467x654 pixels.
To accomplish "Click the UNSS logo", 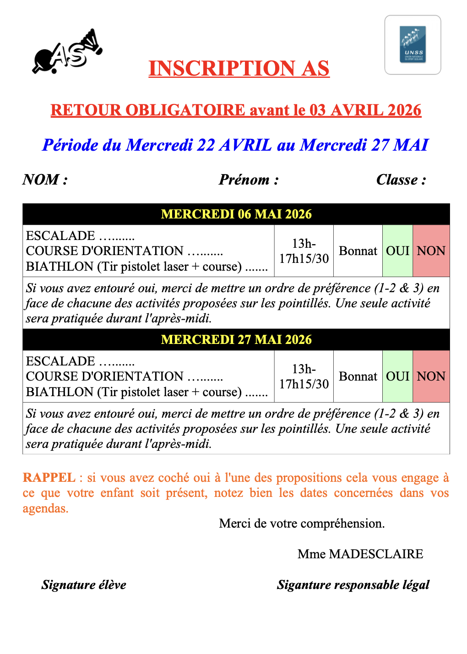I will (x=413, y=45).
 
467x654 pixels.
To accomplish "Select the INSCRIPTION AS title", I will (x=239, y=69).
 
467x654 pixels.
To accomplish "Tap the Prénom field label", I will (x=249, y=180).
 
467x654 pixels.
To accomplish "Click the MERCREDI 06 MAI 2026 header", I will (x=236, y=214).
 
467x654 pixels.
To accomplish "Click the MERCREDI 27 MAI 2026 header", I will (x=236, y=340).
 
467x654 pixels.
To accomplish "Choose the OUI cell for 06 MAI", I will (x=397, y=251).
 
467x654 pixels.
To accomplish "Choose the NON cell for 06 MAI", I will (x=431, y=251).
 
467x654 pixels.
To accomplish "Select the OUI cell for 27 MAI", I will (x=397, y=376).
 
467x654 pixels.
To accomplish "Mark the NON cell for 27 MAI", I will (x=431, y=376).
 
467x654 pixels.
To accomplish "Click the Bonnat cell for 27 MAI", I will (x=358, y=376).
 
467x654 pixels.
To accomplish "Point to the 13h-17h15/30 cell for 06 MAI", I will (x=304, y=251).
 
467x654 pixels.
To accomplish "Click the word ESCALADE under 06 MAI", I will (x=60, y=236).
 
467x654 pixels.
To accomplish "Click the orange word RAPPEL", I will (x=49, y=478).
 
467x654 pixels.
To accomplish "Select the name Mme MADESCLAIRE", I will (x=360, y=554).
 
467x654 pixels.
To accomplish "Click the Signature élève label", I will (x=84, y=585).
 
